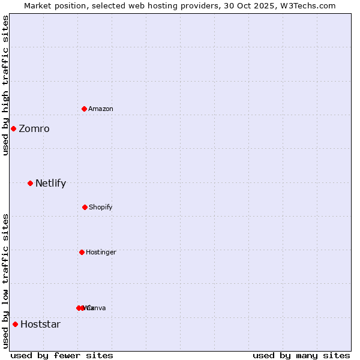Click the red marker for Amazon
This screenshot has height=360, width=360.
tap(84, 109)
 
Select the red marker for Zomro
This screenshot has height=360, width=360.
tap(13, 128)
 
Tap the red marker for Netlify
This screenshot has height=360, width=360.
tap(30, 183)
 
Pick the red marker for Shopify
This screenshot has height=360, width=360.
tap(85, 207)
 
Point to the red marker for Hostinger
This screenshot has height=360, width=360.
tap(82, 252)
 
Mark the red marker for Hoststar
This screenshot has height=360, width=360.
tap(15, 324)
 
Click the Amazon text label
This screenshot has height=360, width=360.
tap(101, 109)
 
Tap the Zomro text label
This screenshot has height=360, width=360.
tap(34, 129)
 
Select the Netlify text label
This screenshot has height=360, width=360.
tap(50, 184)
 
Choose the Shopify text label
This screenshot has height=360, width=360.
tap(101, 208)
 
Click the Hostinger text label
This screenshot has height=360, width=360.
tap(101, 253)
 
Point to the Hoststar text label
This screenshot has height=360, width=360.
tap(40, 325)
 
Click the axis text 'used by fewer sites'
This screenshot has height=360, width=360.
tap(62, 355)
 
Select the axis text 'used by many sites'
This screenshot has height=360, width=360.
tap(301, 355)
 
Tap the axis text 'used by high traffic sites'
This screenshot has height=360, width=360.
tap(5, 85)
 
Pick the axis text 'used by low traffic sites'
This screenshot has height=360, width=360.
tap(5, 281)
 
